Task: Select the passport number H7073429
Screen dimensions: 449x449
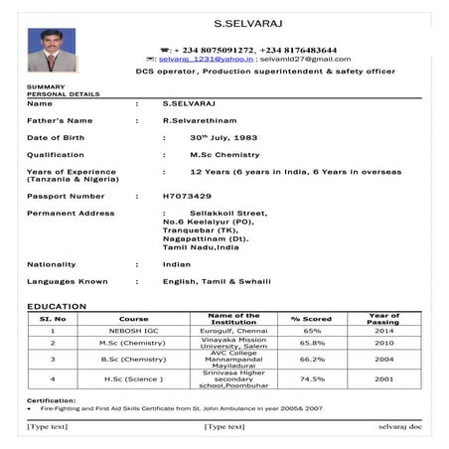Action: pyautogui.click(x=187, y=196)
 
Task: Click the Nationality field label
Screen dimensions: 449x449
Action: pyautogui.click(x=52, y=264)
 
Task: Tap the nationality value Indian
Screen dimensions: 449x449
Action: pyautogui.click(x=176, y=264)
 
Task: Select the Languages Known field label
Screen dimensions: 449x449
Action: pyautogui.click(x=67, y=281)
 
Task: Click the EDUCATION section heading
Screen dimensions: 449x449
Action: pyautogui.click(x=57, y=306)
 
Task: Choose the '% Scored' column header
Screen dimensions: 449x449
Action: pyautogui.click(x=311, y=319)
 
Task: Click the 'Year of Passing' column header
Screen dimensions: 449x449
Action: pyautogui.click(x=382, y=319)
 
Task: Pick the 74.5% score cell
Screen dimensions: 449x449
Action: pyautogui.click(x=312, y=378)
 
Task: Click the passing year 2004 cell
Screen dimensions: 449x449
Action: pyautogui.click(x=382, y=359)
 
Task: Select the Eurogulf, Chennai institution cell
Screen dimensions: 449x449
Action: pyautogui.click(x=234, y=331)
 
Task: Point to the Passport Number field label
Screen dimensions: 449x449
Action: pyautogui.click(x=66, y=196)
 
